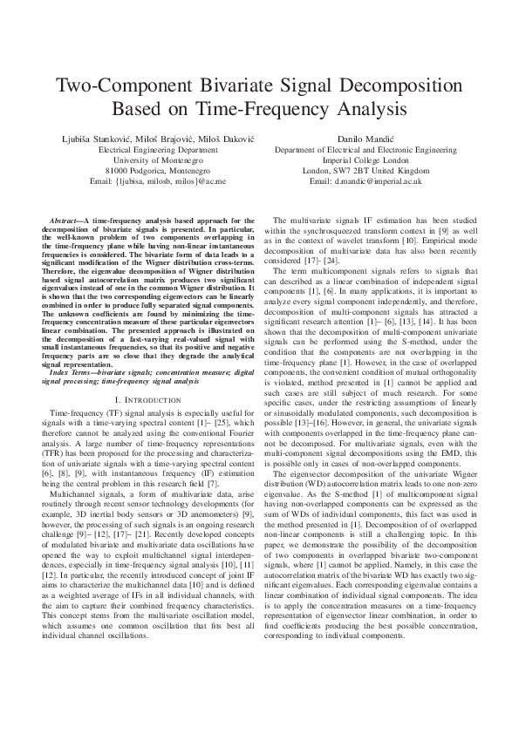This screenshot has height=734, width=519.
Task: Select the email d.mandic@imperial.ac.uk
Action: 371,181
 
